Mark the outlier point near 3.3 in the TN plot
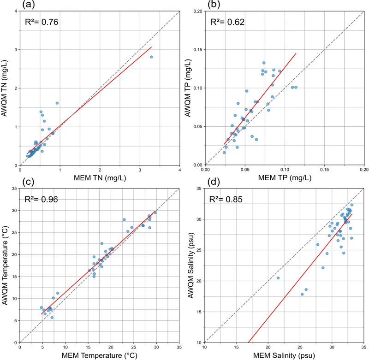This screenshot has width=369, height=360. coord(151,57)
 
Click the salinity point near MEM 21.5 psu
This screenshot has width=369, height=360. coord(278,278)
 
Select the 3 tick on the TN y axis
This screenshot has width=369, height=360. coord(15,49)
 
